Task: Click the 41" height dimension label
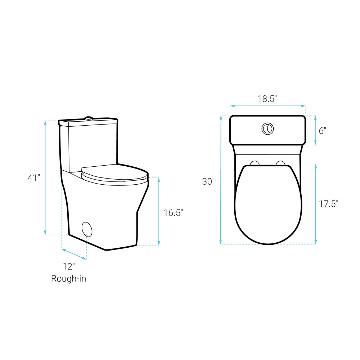(34, 178)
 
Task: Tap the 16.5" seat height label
(173, 213)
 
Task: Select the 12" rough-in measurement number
(69, 266)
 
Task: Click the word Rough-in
(68, 279)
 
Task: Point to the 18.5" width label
(267, 99)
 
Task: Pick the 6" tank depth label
(322, 131)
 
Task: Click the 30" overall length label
(208, 181)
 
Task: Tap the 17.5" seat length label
(329, 204)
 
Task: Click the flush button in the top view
(267, 129)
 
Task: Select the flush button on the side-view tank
(89, 118)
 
